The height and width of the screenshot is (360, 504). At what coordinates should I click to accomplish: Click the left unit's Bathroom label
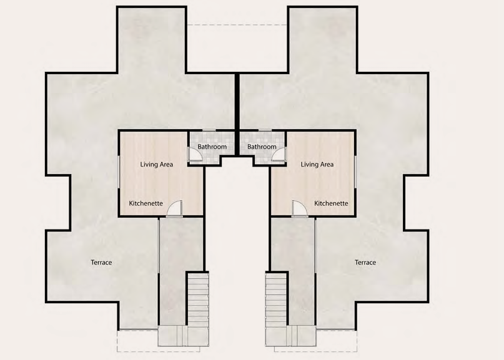tap(212, 147)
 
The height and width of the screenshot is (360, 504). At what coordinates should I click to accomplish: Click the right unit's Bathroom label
tap(262, 147)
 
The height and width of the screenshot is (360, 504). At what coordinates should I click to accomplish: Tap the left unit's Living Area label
tap(157, 165)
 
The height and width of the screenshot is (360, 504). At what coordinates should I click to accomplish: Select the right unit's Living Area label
tap(317, 165)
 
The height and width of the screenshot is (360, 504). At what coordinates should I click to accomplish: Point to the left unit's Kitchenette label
tap(146, 203)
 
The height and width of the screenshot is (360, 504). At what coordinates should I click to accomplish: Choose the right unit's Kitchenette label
tap(331, 203)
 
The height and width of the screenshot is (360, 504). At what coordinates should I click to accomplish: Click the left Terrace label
tap(101, 263)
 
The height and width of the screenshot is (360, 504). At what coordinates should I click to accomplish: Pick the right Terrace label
tap(365, 263)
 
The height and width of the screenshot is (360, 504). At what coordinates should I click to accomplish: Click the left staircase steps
tap(198, 299)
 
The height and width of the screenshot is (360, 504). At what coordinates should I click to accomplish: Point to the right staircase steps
tap(276, 299)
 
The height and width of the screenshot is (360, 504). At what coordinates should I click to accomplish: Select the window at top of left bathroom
tap(209, 130)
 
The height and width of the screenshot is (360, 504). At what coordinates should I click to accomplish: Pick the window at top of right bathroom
tap(265, 130)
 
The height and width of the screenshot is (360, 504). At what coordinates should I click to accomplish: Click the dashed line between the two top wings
tap(237, 25)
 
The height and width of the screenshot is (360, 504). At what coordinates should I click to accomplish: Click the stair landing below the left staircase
tap(183, 336)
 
